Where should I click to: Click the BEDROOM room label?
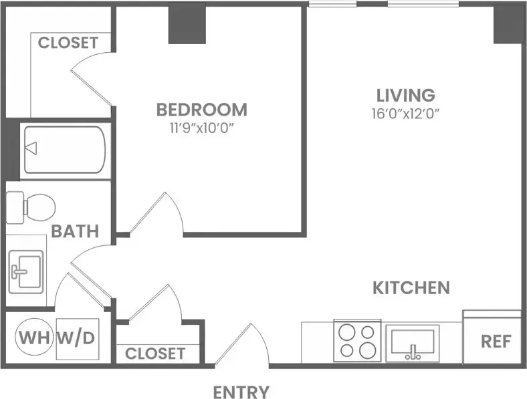point(201,109)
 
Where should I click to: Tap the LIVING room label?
point(405,95)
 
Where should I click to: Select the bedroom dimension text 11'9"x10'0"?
point(201,128)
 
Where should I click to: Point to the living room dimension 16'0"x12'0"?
point(405,113)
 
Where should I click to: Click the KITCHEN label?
point(411,288)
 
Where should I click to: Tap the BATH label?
point(75,231)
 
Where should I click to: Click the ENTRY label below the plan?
point(241,392)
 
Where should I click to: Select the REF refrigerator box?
point(496,341)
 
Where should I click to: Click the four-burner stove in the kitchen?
point(357,341)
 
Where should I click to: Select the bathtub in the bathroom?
point(64,150)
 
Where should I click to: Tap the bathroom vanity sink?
point(25,269)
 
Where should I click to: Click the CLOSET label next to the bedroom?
point(68,43)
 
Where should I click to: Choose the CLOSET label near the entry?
point(154,352)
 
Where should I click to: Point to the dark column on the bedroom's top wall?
point(187,25)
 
